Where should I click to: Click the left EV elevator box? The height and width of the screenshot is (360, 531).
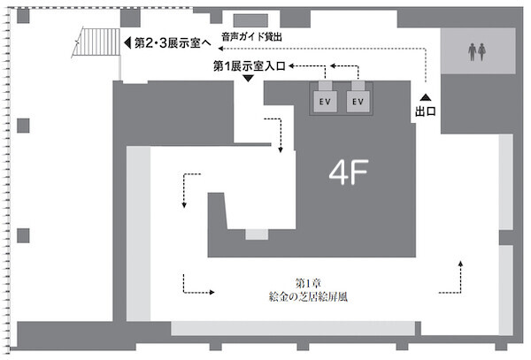click(x=325, y=102)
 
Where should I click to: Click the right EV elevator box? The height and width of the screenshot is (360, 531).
click(x=358, y=102)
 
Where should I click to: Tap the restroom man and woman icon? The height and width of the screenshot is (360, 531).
click(x=477, y=52)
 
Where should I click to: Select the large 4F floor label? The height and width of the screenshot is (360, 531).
click(x=349, y=172)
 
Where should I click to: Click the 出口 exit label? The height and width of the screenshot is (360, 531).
click(x=426, y=111)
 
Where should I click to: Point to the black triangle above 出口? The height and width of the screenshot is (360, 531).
click(x=426, y=97)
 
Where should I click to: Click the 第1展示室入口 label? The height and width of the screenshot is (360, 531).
click(x=250, y=66)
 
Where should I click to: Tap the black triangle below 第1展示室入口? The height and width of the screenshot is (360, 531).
click(x=249, y=78)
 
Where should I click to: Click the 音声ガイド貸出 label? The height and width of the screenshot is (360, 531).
click(x=251, y=36)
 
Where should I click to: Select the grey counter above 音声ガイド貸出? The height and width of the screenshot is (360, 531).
click(x=250, y=20)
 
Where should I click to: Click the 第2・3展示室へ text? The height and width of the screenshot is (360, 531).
click(x=173, y=43)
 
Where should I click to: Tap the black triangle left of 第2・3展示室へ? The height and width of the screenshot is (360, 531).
click(x=127, y=42)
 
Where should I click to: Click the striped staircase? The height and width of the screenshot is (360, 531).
click(x=97, y=42)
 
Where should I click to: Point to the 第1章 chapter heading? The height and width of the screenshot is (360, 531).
click(x=308, y=283)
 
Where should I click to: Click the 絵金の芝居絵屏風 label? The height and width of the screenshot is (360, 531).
click(x=308, y=296)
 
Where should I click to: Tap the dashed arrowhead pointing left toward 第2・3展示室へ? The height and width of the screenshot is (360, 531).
click(x=220, y=49)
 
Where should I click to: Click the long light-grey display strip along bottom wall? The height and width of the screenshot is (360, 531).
click(x=293, y=328)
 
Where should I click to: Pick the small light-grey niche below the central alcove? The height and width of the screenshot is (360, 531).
click(x=257, y=234)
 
